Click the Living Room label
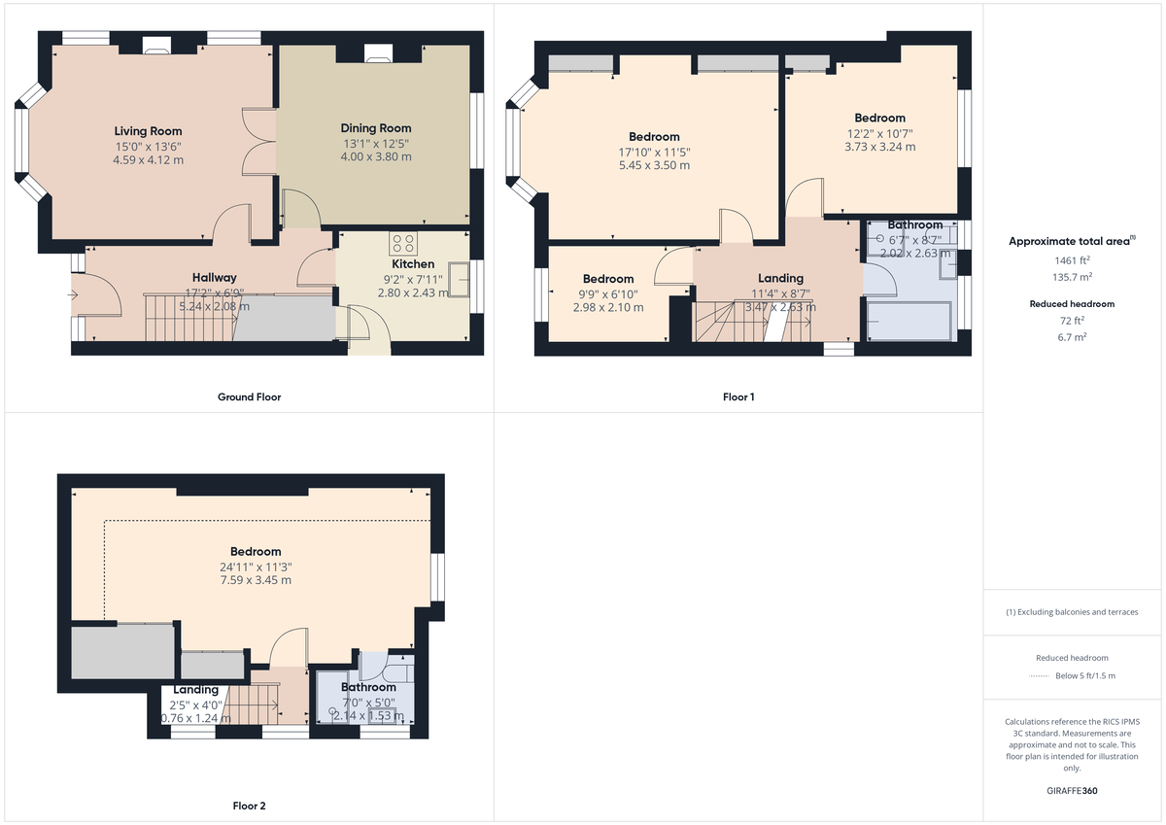coord(148,131)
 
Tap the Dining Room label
coord(375,128)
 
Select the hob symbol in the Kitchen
coord(402,243)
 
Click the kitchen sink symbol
coord(458,280)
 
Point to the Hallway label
coord(214,278)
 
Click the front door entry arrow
coord(75,292)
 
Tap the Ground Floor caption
coord(250,397)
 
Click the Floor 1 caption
coord(738,397)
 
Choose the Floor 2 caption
coord(250,807)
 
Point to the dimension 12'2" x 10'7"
coord(879,133)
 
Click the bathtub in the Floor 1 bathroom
coord(908,321)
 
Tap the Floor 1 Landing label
coord(780,278)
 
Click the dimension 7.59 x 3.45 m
coord(256,580)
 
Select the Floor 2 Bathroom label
coord(367,687)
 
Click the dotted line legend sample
coord(1040,676)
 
